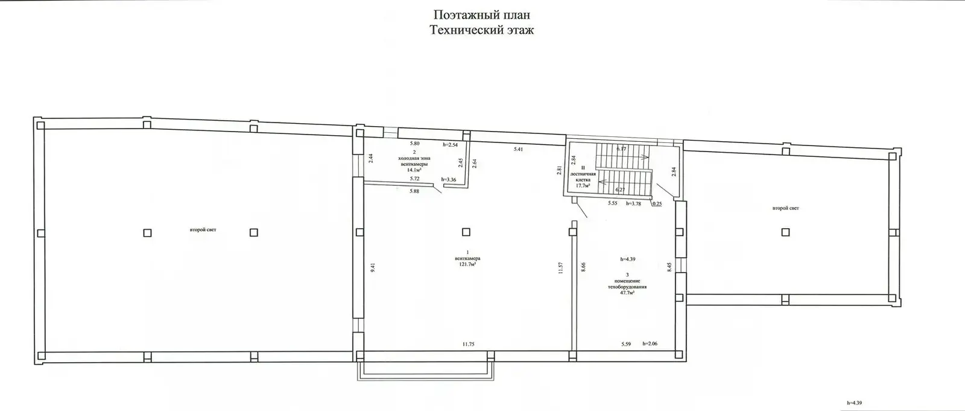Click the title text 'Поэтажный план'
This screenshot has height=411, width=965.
point(482,14)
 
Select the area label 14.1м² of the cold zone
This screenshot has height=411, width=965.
point(414,170)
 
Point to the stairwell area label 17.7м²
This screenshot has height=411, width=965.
point(582,186)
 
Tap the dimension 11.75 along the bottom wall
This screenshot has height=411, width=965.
point(468,344)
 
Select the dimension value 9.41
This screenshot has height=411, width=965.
point(373,267)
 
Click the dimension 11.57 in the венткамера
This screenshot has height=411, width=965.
point(561,268)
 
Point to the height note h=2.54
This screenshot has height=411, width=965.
point(451,144)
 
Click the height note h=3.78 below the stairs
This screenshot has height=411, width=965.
point(634,203)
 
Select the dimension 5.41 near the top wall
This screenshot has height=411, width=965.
point(518,148)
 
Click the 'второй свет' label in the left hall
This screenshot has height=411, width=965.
point(203,230)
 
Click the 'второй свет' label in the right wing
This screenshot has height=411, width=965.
point(785,208)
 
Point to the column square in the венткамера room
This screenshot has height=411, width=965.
point(466,231)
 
